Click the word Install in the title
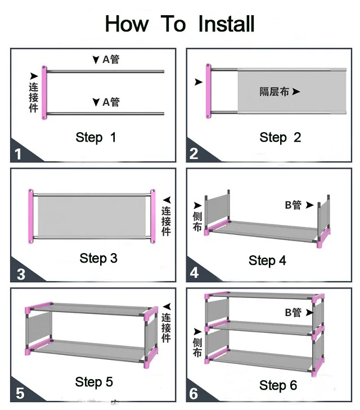[226, 24]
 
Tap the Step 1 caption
[96, 137]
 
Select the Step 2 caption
[280, 137]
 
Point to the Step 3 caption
[98, 258]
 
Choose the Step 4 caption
[267, 260]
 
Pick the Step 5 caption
[94, 382]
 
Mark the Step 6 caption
[278, 385]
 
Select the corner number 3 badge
[20, 274]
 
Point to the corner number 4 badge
[194, 273]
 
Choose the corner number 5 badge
[20, 393]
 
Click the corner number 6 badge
[194, 394]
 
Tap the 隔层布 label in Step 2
[274, 91]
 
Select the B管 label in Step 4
[293, 206]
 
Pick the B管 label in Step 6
[293, 312]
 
